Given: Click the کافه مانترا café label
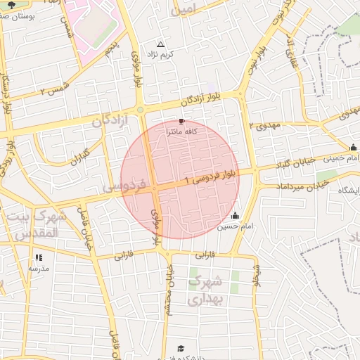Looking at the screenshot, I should (x=180, y=131).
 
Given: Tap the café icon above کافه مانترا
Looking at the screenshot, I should (x=172, y=122).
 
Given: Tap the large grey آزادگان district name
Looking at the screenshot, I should (x=112, y=121).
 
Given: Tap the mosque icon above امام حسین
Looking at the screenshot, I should (x=234, y=215).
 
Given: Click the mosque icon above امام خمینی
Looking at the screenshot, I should (x=352, y=147).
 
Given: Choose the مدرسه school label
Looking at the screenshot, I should (x=39, y=268).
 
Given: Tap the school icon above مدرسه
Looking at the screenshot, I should (x=38, y=257).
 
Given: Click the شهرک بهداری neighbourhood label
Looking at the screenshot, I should (x=205, y=290).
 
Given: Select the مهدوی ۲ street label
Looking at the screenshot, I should (x=264, y=125).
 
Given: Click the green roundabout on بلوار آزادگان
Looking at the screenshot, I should (x=141, y=110).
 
